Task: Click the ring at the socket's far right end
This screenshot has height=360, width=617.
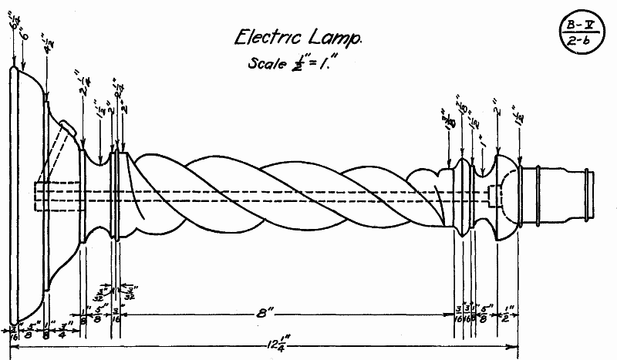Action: (591, 196)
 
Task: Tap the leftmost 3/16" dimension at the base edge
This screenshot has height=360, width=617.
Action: (14, 333)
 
